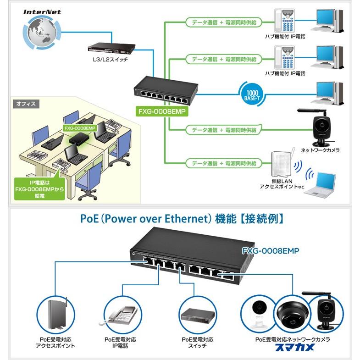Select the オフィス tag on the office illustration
[x=27, y=104]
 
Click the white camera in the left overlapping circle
[x=258, y=313]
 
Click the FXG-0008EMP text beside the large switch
[x=271, y=251]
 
